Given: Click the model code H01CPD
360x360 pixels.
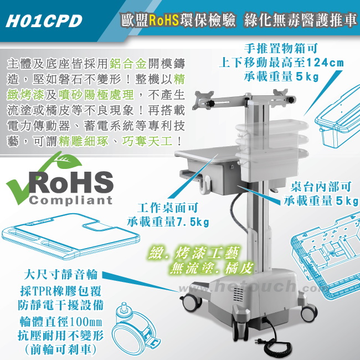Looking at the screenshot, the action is [x=44, y=21].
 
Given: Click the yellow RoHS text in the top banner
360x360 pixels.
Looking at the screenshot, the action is [x=164, y=20].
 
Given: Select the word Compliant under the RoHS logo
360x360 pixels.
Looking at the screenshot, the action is [x=71, y=200].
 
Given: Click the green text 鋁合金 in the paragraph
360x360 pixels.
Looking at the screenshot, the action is [x=128, y=64].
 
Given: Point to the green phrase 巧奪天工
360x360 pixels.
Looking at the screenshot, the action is [x=147, y=141].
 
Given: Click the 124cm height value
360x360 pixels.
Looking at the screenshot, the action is [x=325, y=62].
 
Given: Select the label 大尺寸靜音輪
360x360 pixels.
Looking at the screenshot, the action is [x=61, y=275].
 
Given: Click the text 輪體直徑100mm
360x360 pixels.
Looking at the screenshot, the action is [x=60, y=322].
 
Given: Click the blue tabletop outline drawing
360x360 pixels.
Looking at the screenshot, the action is [x=71, y=236].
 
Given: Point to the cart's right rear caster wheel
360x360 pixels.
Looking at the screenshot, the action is [x=309, y=312].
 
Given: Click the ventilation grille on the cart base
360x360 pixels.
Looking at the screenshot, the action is [x=238, y=295].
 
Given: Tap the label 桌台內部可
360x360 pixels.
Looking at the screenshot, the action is [x=321, y=187].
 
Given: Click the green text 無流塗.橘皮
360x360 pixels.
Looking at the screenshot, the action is [x=211, y=268].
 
